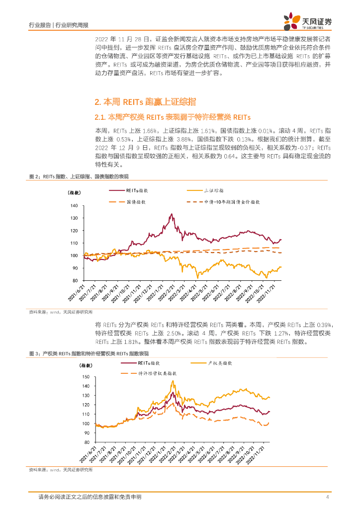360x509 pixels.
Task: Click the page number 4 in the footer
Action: (x=327, y=497)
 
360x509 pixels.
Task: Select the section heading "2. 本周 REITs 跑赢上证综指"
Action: (x=145, y=102)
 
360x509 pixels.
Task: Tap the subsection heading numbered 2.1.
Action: (x=172, y=117)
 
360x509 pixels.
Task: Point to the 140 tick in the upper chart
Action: (x=74, y=206)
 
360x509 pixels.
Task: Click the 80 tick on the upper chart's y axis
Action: (x=76, y=280)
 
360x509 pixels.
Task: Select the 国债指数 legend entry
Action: (x=135, y=202)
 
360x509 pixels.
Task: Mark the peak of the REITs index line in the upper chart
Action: (x=172, y=214)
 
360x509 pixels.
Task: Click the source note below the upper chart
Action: (x=61, y=312)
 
